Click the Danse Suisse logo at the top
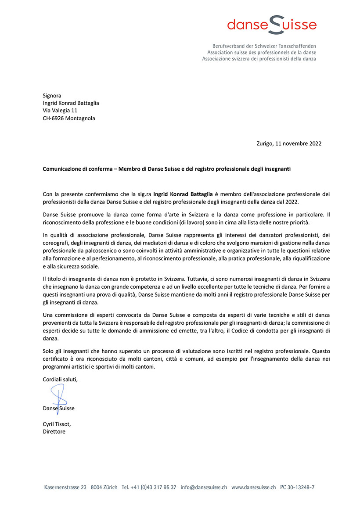[x=271, y=25]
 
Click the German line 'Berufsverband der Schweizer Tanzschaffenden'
[x=264, y=46]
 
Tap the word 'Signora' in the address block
[x=52, y=96]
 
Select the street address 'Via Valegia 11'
[x=60, y=111]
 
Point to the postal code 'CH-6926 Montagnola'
[x=69, y=118]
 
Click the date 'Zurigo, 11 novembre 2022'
[x=288, y=143]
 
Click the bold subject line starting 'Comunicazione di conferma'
[x=166, y=168]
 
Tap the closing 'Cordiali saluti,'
[x=60, y=380]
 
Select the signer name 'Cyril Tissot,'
[x=57, y=424]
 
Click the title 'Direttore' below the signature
[x=54, y=431]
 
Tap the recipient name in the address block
[x=71, y=103]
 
